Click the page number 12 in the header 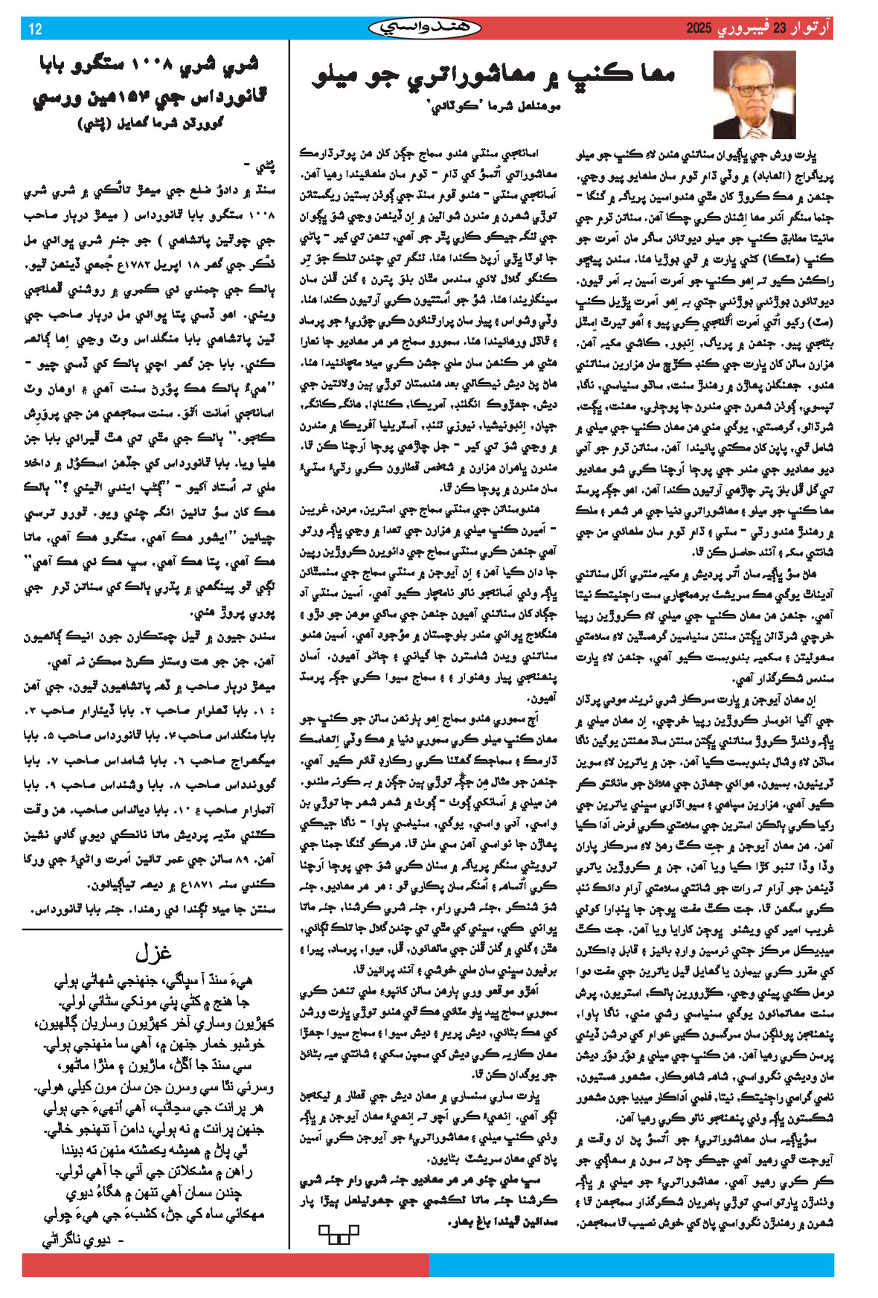pos(35,29)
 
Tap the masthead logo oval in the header pos(425,28)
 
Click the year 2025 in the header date pos(700,29)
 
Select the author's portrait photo pos(754,95)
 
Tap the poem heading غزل pos(154,953)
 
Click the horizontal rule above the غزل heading pos(153,930)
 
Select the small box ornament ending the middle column pos(339,1234)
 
